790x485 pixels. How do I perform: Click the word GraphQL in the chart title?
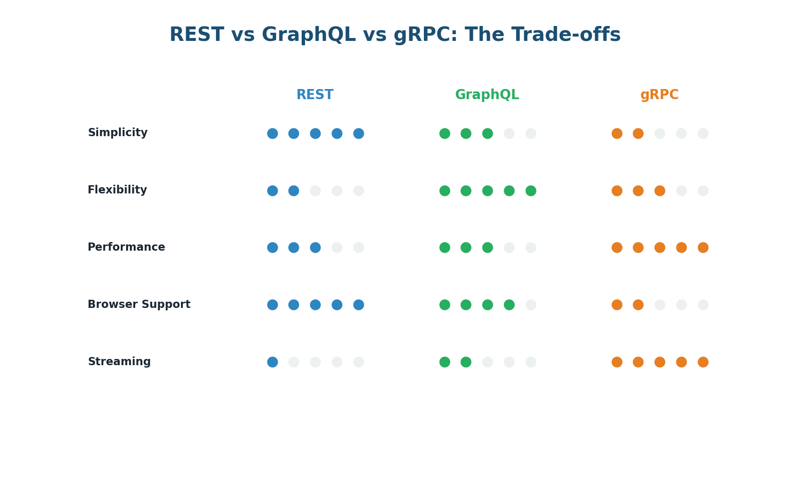(309, 35)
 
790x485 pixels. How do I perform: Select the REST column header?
(315, 95)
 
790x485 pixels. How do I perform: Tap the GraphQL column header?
(487, 95)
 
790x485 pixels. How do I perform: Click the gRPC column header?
(659, 95)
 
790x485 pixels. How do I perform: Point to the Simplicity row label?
(117, 133)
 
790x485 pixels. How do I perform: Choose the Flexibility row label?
(117, 190)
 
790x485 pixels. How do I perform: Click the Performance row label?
(126, 247)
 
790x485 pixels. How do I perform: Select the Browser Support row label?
(139, 305)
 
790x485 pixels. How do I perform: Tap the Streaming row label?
(119, 362)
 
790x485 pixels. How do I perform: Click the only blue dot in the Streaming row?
(272, 362)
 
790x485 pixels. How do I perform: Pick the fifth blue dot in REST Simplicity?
(358, 133)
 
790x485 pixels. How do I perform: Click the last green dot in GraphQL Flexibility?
(531, 191)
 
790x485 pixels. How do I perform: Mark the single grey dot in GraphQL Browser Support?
(531, 305)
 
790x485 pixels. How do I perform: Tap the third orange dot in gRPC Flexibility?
(660, 191)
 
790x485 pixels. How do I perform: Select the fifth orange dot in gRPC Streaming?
(703, 362)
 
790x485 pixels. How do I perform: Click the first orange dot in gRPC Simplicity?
(617, 133)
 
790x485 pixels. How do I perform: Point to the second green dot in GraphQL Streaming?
(466, 362)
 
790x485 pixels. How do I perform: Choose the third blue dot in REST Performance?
(315, 247)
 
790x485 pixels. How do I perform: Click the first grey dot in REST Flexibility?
(315, 191)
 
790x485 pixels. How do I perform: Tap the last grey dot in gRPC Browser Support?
(703, 305)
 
